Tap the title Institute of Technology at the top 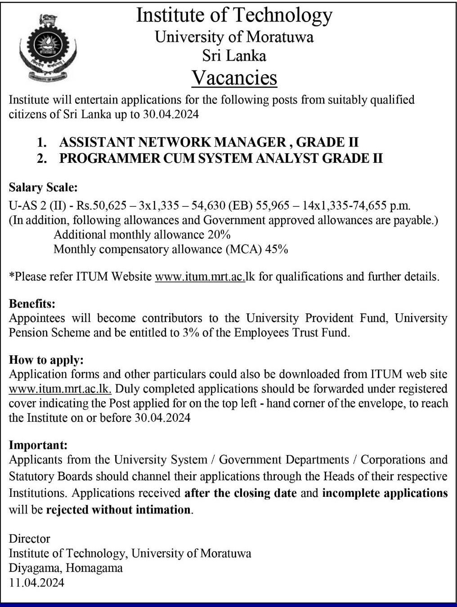tap(234, 15)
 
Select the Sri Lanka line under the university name tap(234, 56)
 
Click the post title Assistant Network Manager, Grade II tap(209, 143)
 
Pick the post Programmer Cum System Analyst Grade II tap(221, 158)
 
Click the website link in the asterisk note tap(205, 276)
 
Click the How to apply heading tap(47, 360)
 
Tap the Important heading tap(38, 445)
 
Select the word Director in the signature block tap(30, 539)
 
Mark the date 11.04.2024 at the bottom tap(36, 583)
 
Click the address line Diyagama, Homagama tap(66, 568)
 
